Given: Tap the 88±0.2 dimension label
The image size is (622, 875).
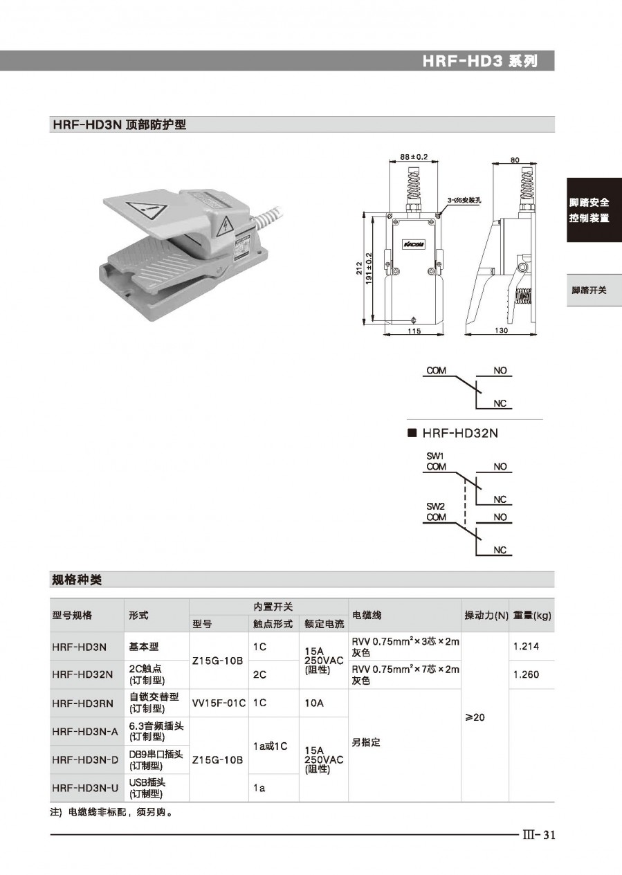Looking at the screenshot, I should pos(413,156).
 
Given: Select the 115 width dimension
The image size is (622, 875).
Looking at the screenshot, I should pos(413,331).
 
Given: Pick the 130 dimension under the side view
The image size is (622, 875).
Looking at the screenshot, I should pos(502,331).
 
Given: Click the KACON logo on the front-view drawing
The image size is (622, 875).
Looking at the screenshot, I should pos(414,246).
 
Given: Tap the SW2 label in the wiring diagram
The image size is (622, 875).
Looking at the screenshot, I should pos(435,506).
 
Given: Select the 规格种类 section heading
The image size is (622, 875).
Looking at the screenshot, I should pos(77,579).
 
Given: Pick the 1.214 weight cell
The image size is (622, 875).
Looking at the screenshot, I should pos(526,647).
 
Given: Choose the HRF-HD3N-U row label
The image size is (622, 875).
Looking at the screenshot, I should pos(84,787).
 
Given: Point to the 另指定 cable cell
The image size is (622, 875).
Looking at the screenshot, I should pos(366,742).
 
